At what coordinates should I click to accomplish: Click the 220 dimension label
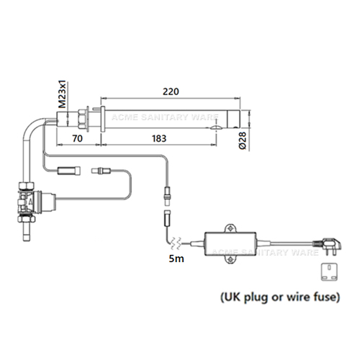click(171, 91)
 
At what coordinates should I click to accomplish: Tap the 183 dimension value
click(159, 138)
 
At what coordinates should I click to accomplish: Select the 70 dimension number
click(77, 138)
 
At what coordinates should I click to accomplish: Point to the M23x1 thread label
click(63, 95)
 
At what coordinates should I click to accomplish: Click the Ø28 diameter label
click(243, 140)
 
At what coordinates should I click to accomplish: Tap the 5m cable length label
click(176, 258)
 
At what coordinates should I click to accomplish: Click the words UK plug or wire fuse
click(280, 297)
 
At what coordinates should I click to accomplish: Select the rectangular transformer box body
click(230, 244)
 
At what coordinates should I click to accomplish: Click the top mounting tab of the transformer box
click(230, 228)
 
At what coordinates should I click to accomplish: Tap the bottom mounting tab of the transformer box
click(230, 260)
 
